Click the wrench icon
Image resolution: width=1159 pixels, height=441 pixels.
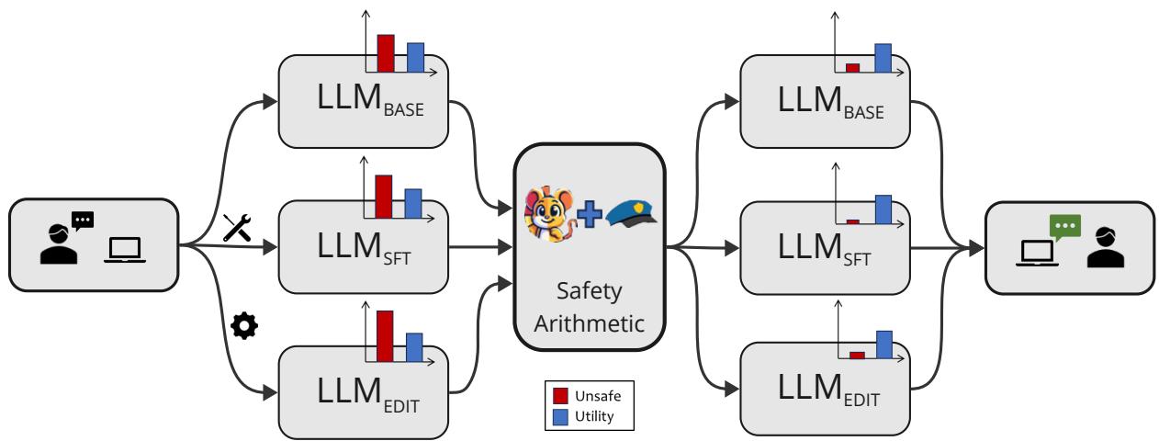(x=236, y=225)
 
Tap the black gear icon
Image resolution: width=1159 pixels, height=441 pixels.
(x=242, y=326)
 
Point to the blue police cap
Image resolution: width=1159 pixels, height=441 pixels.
(x=633, y=214)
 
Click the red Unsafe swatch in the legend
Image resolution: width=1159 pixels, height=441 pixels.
(x=560, y=396)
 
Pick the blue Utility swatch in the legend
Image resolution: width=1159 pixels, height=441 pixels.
(x=560, y=416)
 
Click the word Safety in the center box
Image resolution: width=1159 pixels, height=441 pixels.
(x=590, y=292)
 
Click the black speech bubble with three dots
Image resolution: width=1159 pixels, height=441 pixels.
(x=83, y=220)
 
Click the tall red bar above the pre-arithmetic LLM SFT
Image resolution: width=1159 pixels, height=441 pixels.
(x=384, y=196)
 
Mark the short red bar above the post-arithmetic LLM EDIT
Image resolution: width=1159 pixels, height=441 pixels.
(x=857, y=355)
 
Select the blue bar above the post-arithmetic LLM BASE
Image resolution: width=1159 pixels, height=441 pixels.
(x=883, y=57)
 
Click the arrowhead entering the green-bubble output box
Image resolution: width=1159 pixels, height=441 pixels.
(x=977, y=247)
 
